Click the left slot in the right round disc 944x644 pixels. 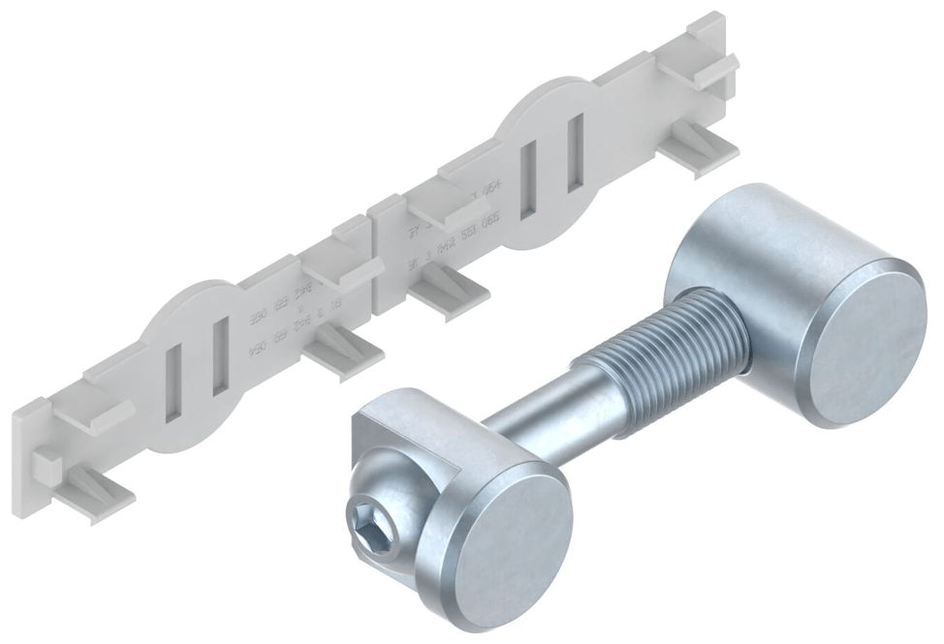(529, 179)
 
